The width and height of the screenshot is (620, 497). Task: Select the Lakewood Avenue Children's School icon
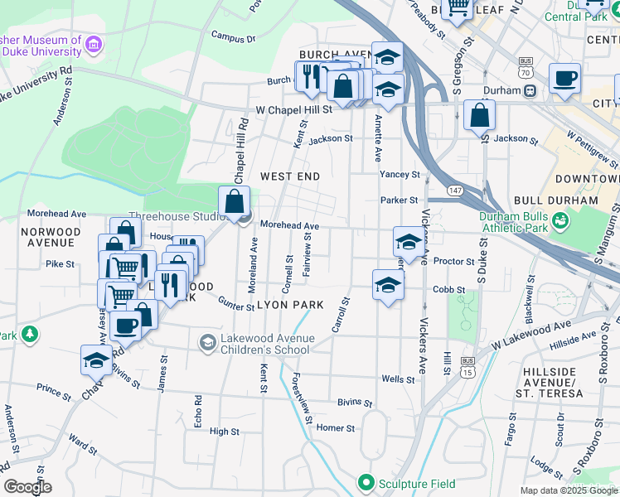coord(207,342)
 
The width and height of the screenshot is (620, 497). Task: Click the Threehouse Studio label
coord(176,217)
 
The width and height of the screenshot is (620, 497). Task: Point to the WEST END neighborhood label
coord(289,176)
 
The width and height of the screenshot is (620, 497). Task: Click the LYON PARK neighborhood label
coord(290,305)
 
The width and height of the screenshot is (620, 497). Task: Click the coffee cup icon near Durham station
coord(565,79)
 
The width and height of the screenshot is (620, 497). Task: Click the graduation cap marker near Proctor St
coord(408,242)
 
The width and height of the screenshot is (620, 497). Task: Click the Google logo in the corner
coord(27,487)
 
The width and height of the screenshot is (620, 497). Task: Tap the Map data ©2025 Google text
coord(569,490)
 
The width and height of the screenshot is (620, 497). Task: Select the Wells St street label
coord(398,379)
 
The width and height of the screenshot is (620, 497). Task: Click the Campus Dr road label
coord(233,36)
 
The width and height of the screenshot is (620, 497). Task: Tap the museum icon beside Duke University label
coord(93,43)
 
